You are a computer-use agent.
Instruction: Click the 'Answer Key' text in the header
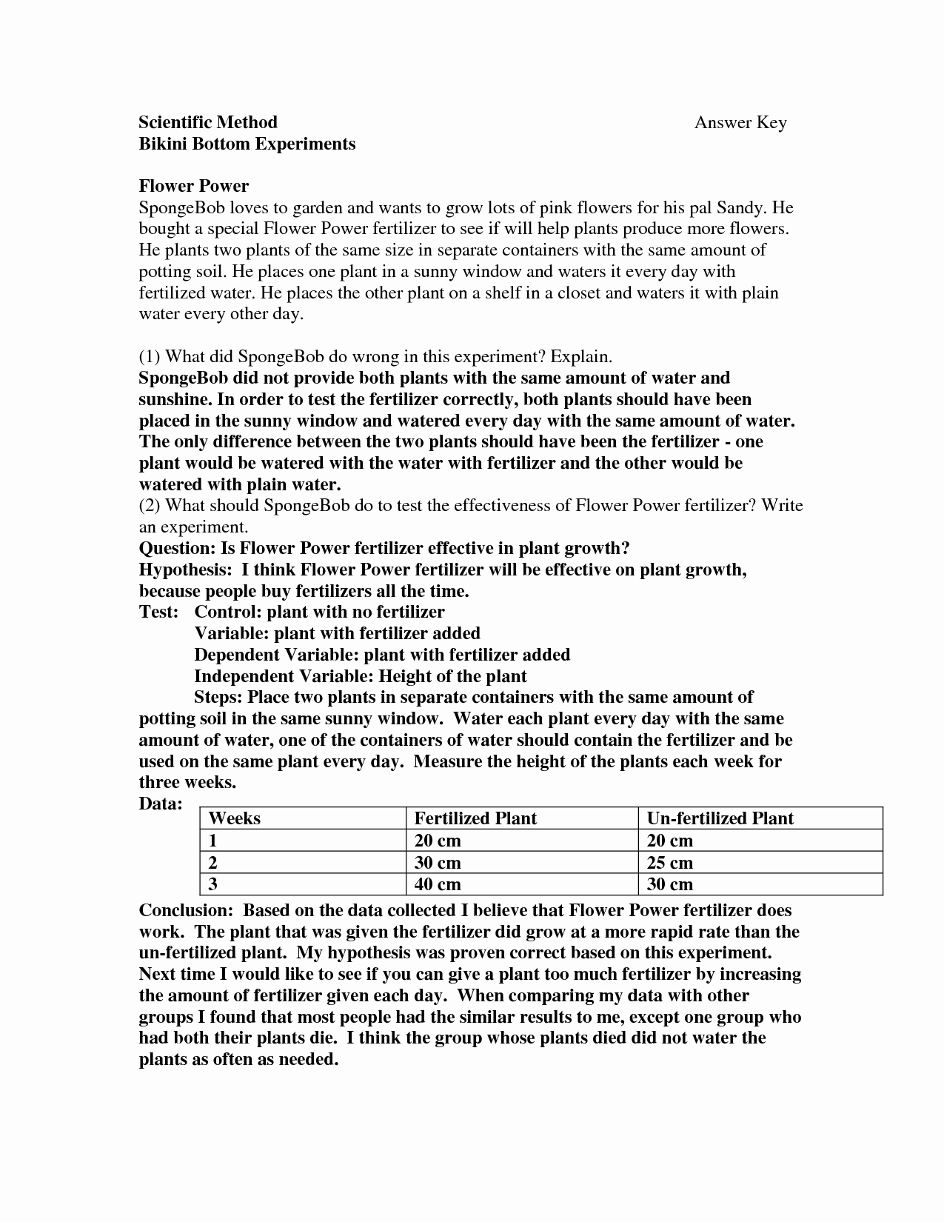[x=740, y=123]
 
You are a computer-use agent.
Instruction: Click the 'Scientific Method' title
[x=208, y=122]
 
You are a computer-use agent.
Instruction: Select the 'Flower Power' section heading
[x=194, y=186]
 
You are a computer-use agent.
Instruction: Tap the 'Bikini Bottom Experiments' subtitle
[x=247, y=144]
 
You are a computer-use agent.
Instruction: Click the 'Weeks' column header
[x=235, y=818]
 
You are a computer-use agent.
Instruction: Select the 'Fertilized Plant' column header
[x=475, y=818]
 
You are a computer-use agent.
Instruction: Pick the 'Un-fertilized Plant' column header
[x=720, y=818]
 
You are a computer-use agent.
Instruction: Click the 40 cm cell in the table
[x=438, y=884]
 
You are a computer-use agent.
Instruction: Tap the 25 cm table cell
[x=669, y=863]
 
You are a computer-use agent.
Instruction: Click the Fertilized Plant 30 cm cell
[x=438, y=863]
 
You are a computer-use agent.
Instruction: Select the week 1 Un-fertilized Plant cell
[x=669, y=841]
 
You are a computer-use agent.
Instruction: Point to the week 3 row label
[x=213, y=884]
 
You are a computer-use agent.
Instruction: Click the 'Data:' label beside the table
[x=161, y=804]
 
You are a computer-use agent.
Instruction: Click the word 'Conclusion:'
[x=187, y=910]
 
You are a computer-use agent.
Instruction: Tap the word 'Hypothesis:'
[x=185, y=570]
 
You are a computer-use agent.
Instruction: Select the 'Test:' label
[x=158, y=612]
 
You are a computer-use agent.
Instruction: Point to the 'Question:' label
[x=176, y=548]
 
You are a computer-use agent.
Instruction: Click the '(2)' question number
[x=150, y=506]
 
